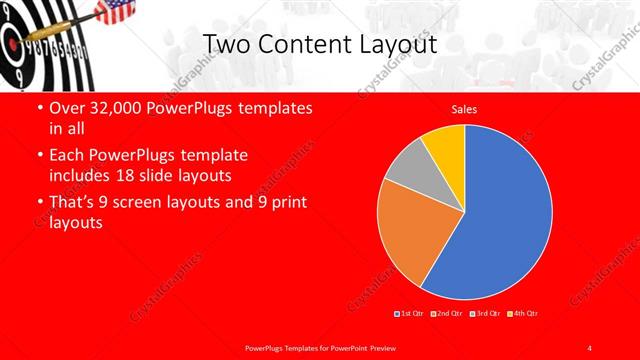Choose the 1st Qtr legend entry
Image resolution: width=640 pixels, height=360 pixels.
click(x=411, y=313)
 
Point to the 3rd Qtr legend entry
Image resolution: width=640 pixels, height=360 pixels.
click(x=487, y=313)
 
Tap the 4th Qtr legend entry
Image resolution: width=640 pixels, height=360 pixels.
click(x=523, y=313)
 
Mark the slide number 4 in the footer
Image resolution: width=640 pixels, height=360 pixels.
click(x=590, y=347)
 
